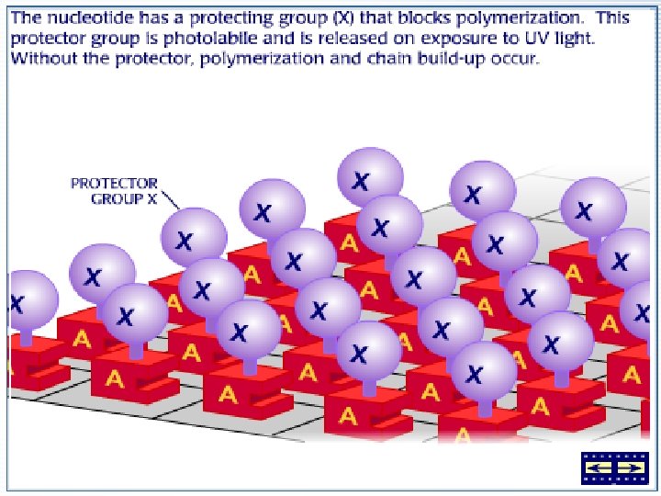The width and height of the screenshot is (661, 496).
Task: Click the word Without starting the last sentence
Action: [41, 58]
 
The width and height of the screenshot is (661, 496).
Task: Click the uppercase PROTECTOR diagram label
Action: [114, 183]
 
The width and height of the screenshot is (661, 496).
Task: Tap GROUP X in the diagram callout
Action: [125, 197]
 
